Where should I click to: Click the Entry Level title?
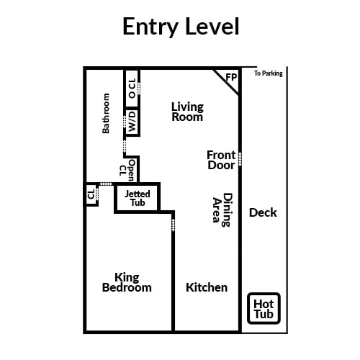coord(181,27)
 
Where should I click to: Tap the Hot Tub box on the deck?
coord(264,308)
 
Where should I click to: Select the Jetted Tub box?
coord(138,198)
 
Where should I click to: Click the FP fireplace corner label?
coord(231,77)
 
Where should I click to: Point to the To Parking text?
coord(269,73)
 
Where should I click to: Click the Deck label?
coord(263,212)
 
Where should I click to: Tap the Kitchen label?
coord(207,287)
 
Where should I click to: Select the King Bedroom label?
coord(127,282)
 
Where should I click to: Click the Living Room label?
coord(187,112)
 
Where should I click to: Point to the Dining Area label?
coord(222,210)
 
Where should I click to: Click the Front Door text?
coord(221,160)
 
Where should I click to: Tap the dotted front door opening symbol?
coord(240,159)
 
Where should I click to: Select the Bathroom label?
coord(106,113)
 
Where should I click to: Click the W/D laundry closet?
coord(132,122)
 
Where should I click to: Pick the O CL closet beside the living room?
coord(132,88)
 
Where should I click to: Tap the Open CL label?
coord(127,170)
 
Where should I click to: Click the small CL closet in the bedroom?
coord(91,194)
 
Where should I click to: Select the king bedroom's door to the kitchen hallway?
coord(174,225)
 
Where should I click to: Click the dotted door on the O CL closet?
coord(139,88)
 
